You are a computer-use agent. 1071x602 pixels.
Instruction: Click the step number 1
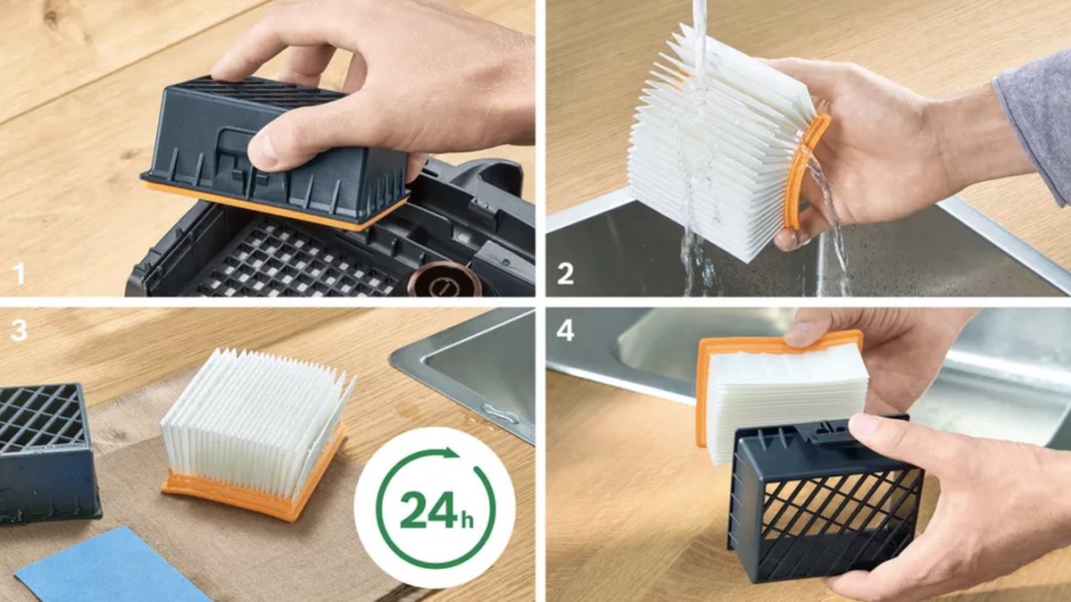pyautogui.click(x=19, y=273)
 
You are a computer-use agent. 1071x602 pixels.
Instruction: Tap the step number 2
pyautogui.click(x=565, y=274)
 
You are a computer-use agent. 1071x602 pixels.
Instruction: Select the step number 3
pyautogui.click(x=19, y=330)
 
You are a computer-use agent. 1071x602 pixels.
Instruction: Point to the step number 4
pyautogui.click(x=565, y=330)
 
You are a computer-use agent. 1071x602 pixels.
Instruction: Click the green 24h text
pyautogui.click(x=436, y=509)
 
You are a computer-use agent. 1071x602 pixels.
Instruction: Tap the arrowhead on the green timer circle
pyautogui.click(x=451, y=453)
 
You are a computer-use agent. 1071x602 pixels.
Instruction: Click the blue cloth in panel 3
pyautogui.click(x=112, y=566)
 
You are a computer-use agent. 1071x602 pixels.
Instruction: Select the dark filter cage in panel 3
pyautogui.click(x=46, y=452)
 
